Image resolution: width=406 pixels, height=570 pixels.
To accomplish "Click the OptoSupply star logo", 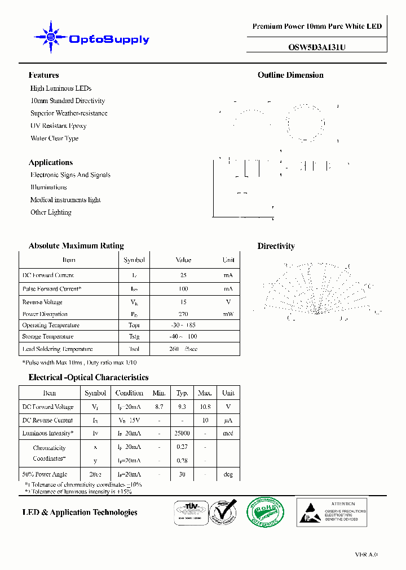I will click(51, 38).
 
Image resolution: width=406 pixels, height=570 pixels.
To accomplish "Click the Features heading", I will click(43, 75).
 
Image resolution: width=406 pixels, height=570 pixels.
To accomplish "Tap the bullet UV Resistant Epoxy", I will click(58, 126).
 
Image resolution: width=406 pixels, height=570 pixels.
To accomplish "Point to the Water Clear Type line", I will click(54, 138).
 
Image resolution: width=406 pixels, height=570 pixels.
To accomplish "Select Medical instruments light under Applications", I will click(65, 200).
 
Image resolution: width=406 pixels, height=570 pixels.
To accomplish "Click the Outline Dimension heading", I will click(290, 75).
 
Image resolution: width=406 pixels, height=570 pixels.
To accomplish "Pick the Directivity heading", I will click(276, 246).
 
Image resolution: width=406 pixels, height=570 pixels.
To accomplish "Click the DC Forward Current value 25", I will click(183, 275).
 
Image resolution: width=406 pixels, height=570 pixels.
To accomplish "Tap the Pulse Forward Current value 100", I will click(183, 289).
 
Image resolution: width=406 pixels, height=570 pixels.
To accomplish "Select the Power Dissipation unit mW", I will click(228, 314).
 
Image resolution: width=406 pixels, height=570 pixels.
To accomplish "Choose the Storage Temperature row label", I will click(48, 337).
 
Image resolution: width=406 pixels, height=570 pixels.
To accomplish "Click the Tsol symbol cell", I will click(134, 349).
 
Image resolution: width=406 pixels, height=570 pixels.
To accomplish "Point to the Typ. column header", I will click(182, 393).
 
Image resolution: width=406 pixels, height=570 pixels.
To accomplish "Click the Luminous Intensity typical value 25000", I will click(182, 434).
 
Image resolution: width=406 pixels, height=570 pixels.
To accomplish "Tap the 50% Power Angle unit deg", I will click(228, 475).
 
